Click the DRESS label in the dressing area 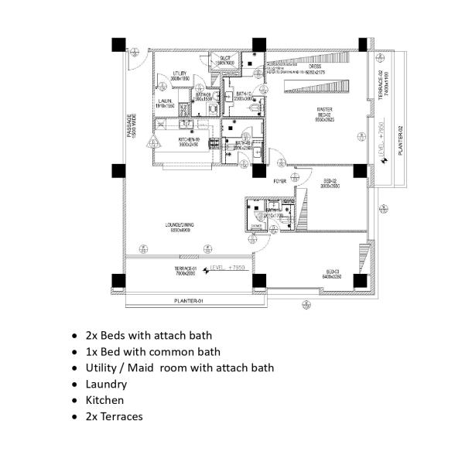point(315,67)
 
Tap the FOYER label point(280,181)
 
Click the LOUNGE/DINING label point(179,226)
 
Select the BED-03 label point(333,272)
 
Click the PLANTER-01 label point(186,300)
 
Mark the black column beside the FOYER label point(259,170)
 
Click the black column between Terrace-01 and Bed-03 point(259,280)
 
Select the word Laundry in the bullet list point(106,384)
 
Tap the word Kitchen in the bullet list point(104,400)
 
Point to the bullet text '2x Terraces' point(114,416)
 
